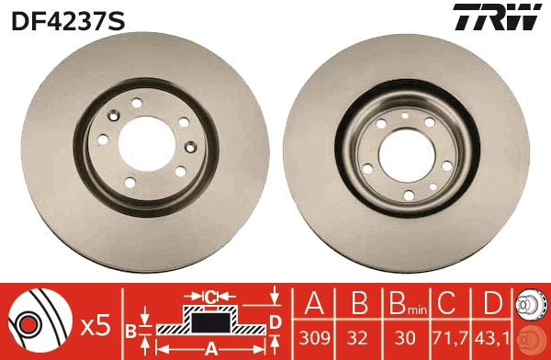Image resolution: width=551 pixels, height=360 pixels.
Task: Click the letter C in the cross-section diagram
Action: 211,297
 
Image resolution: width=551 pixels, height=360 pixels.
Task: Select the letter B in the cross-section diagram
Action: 131,329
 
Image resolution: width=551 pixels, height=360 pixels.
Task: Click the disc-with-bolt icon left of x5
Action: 40,321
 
